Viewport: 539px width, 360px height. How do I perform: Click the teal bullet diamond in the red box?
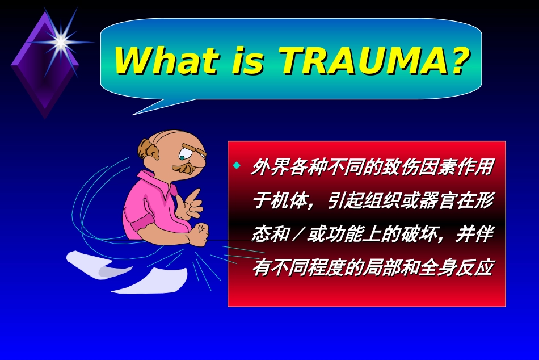[237, 166]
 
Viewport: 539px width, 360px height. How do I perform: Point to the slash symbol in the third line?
[298, 235]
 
